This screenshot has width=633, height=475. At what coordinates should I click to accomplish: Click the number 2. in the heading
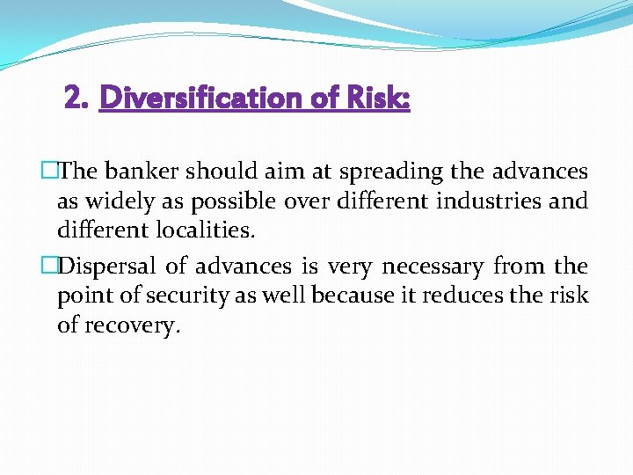(x=78, y=98)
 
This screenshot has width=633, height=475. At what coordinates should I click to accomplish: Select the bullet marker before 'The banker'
(x=49, y=172)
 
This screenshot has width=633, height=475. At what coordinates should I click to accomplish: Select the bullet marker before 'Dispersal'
(x=49, y=266)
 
